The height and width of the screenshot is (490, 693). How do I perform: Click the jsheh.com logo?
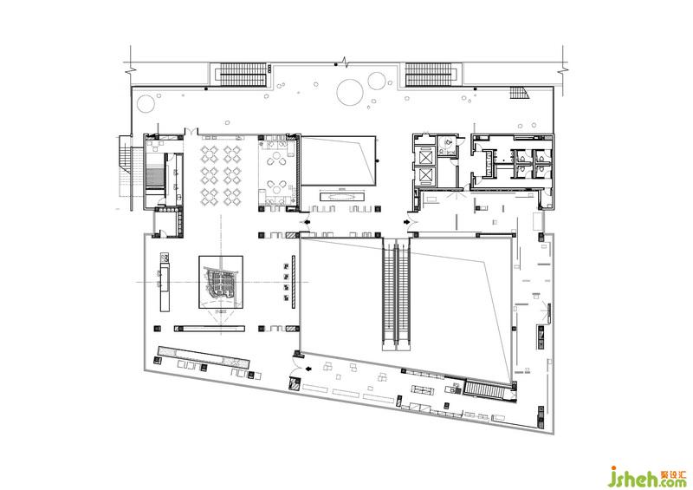647,476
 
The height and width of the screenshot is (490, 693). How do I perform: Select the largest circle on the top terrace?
350,92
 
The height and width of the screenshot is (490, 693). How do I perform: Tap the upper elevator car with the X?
425,156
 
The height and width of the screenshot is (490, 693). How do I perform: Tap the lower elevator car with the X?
425,176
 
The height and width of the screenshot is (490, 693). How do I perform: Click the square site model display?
221,282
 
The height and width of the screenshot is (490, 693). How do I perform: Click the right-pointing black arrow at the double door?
405,221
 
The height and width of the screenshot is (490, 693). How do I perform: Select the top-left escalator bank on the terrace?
243,74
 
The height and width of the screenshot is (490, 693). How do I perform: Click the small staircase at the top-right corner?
519,93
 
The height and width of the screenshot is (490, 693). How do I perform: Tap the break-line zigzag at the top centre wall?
346,62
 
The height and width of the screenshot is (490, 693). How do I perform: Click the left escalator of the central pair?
388,294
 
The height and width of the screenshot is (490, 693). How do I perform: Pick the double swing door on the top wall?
191,131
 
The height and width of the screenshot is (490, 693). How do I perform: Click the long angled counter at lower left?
204,357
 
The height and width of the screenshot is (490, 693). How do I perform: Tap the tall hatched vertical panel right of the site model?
293,283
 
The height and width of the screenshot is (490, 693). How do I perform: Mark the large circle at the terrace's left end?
146,103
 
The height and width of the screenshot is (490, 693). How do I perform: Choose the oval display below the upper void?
343,195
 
